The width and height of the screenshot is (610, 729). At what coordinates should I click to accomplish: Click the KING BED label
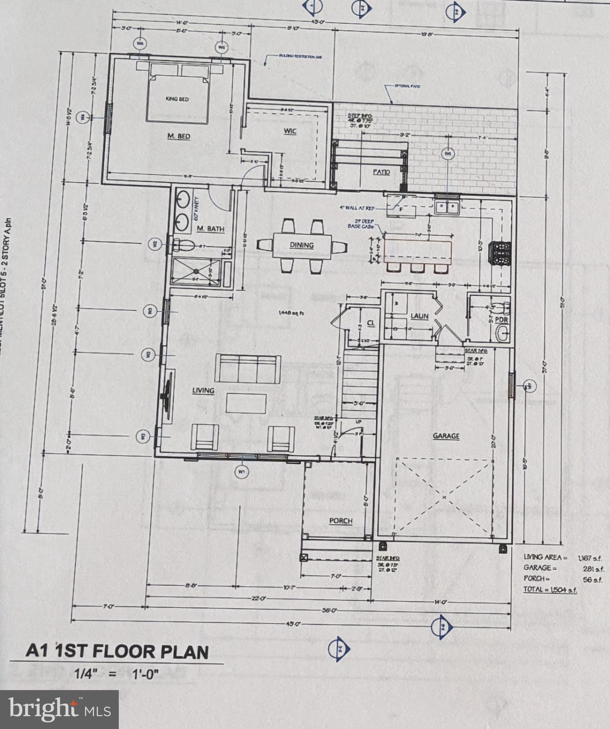pyautogui.click(x=177, y=99)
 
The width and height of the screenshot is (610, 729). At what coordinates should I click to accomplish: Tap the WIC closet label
pyautogui.click(x=290, y=131)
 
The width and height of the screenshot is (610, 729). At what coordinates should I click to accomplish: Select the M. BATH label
pyautogui.click(x=210, y=229)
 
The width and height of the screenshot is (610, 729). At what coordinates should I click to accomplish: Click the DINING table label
pyautogui.click(x=302, y=245)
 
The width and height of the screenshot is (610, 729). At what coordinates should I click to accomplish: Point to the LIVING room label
pyautogui.click(x=203, y=390)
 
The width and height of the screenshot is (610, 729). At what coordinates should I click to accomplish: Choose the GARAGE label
pyautogui.click(x=446, y=436)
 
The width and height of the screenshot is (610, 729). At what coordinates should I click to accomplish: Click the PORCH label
pyautogui.click(x=341, y=521)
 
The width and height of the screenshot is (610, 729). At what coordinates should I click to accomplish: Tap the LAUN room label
pyautogui.click(x=419, y=316)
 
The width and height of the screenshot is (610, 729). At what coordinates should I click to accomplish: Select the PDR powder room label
pyautogui.click(x=502, y=320)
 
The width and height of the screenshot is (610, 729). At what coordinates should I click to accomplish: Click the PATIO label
pyautogui.click(x=381, y=172)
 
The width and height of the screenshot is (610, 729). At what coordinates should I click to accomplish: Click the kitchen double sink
pyautogui.click(x=447, y=206)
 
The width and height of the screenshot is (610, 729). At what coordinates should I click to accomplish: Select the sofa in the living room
pyautogui.click(x=247, y=368)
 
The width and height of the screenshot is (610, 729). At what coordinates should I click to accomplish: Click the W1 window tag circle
pyautogui.click(x=242, y=472)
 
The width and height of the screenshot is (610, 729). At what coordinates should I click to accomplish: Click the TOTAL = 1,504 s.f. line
pyautogui.click(x=550, y=589)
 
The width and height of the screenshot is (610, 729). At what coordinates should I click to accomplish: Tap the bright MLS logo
pyautogui.click(x=59, y=709)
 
